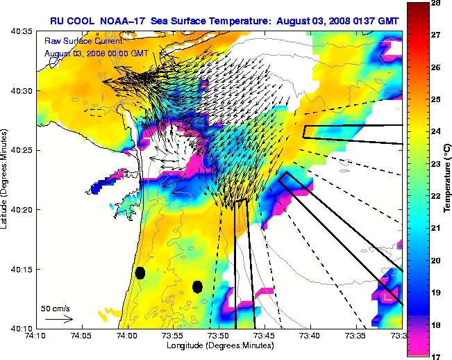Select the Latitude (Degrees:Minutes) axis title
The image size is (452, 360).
pyautogui.click(x=6, y=179)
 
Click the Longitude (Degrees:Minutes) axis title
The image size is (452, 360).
pyautogui.click(x=218, y=345)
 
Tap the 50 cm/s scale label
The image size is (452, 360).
pyautogui.click(x=55, y=308)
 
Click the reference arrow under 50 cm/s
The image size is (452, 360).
pyautogui.click(x=58, y=319)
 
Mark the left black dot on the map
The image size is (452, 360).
pyautogui.click(x=140, y=272)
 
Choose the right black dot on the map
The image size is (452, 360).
pyautogui.click(x=197, y=286)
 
